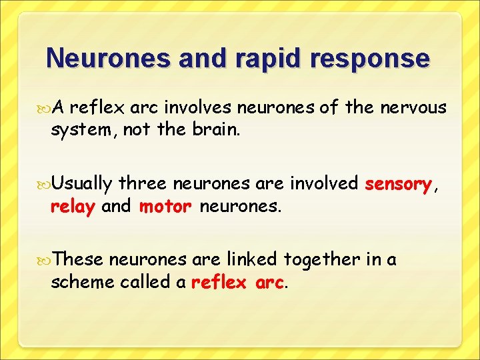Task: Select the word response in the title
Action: tap(373, 59)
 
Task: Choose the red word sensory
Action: tap(398, 183)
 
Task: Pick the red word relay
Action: tap(73, 207)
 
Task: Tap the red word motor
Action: tap(165, 207)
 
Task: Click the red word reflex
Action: tap(219, 283)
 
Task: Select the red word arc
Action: tap(269, 283)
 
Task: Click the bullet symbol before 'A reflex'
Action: tap(44, 107)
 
